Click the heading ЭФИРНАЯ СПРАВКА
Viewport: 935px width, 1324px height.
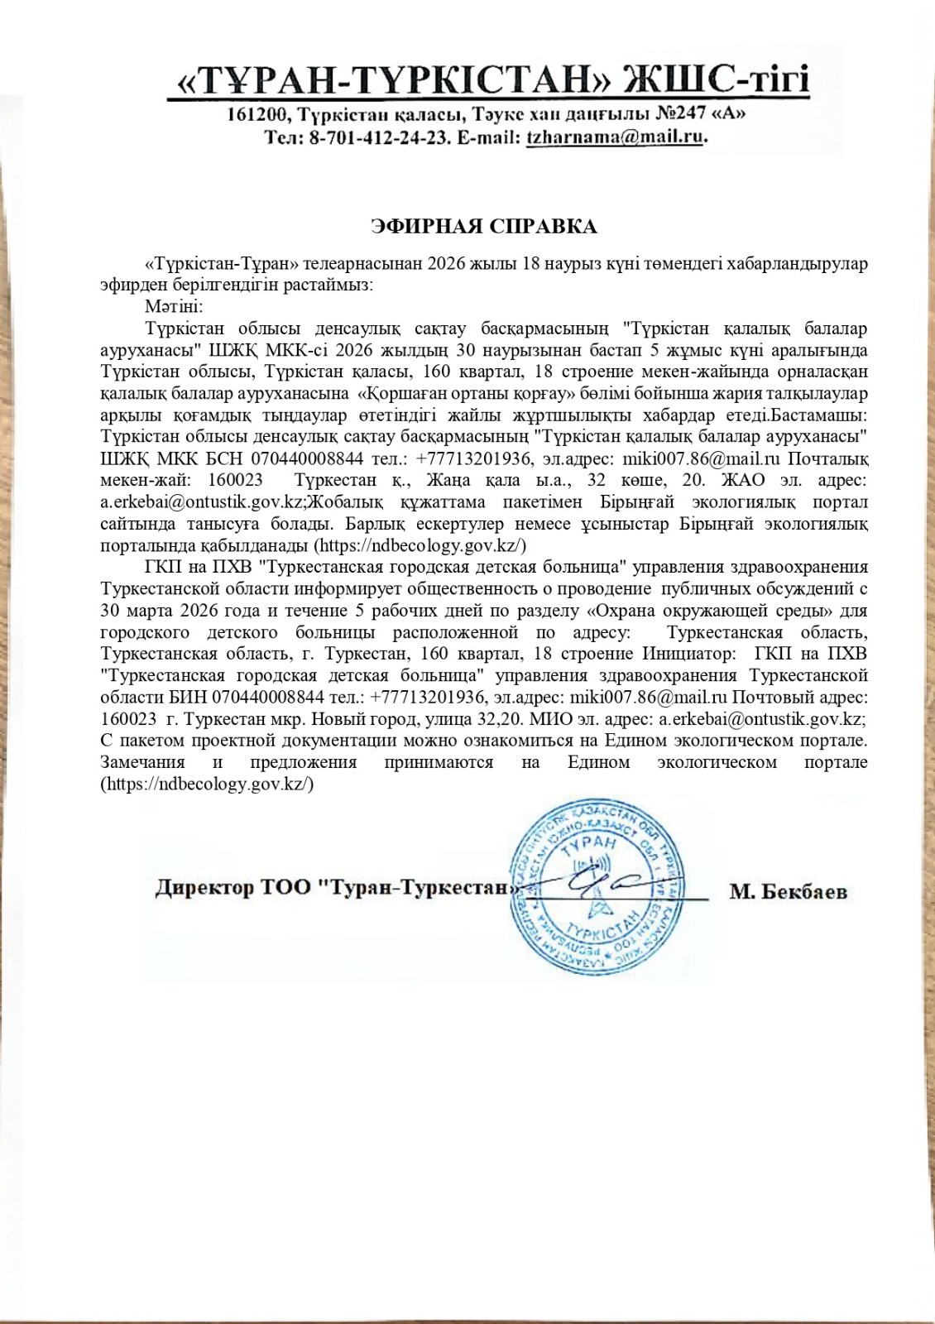coord(484,226)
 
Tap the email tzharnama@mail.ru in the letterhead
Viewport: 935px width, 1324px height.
coord(615,137)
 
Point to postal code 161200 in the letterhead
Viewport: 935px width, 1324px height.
coord(257,113)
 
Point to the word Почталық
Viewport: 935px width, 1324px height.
coord(827,458)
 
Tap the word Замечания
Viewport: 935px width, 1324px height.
coord(142,762)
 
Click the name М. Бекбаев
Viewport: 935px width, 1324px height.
coord(789,891)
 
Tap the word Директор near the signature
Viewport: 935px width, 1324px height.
coord(204,888)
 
